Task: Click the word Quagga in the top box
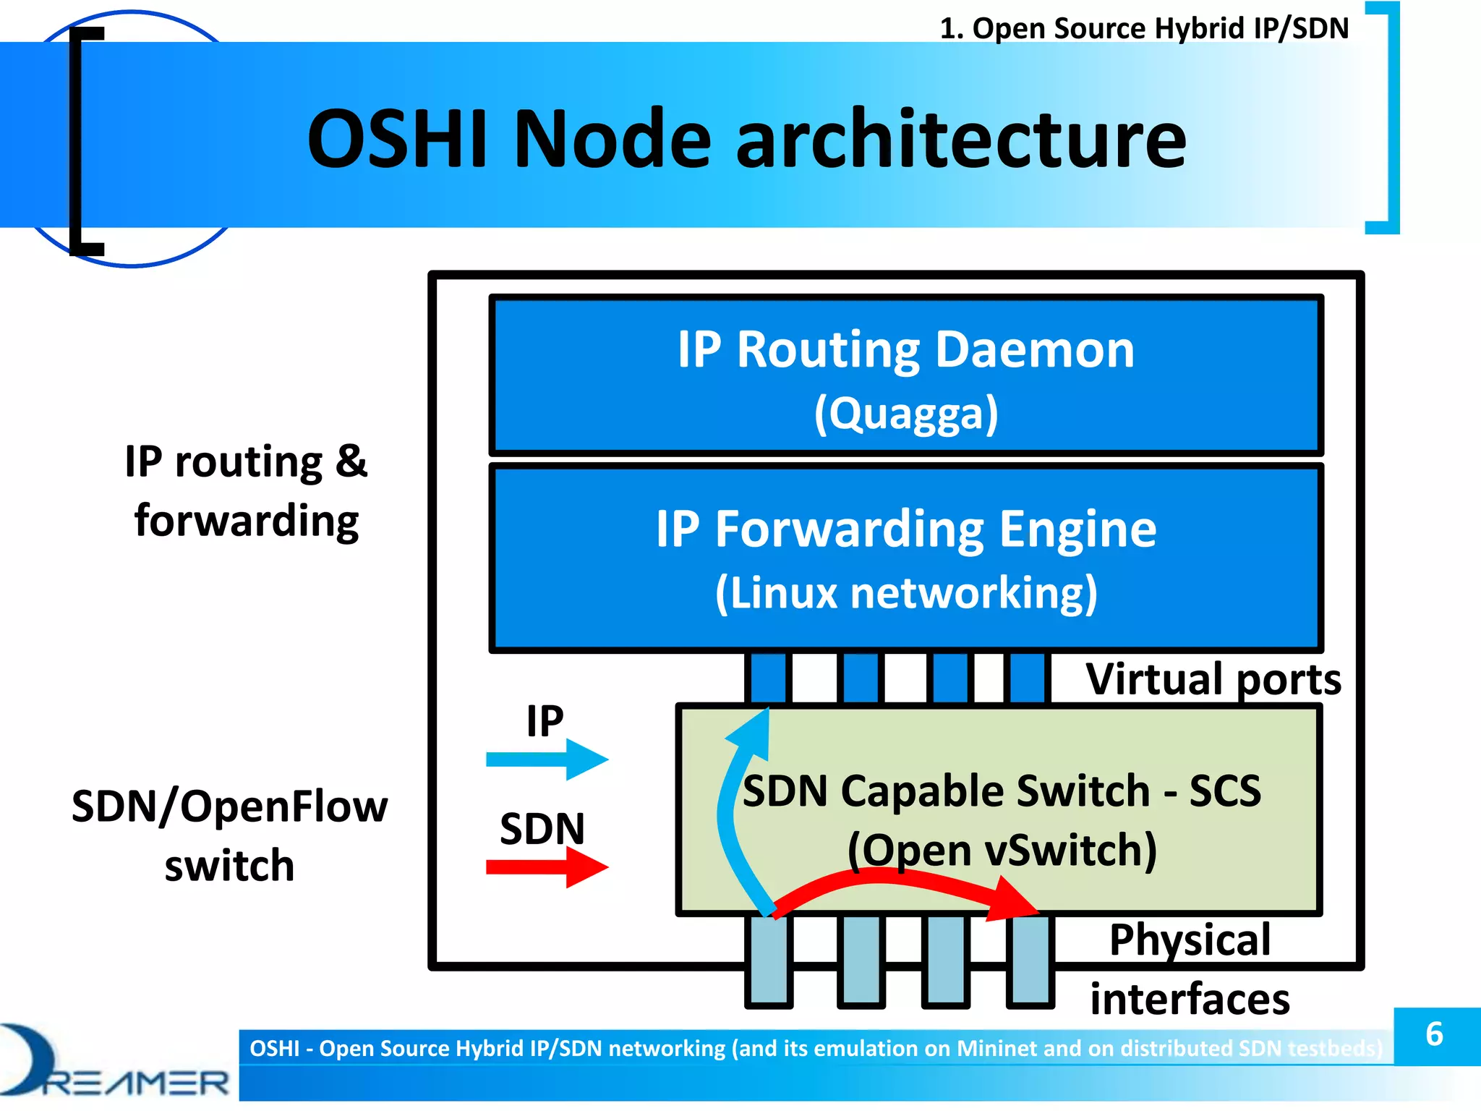point(906,414)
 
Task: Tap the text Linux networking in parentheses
point(906,593)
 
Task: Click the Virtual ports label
point(1213,679)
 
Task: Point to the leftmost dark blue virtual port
point(768,678)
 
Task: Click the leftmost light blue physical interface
point(769,960)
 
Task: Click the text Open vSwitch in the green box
point(1002,850)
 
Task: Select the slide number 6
point(1435,1034)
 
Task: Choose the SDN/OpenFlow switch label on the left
point(229,835)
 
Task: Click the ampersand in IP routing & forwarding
point(351,461)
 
